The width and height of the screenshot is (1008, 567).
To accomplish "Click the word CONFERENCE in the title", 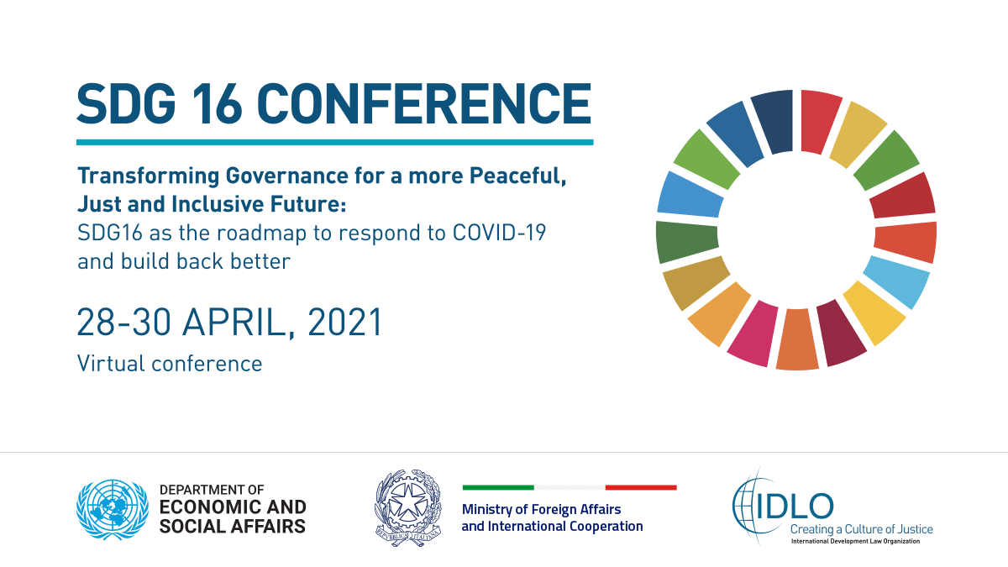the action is click(424, 103).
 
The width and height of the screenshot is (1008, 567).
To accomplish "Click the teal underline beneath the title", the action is click(335, 142).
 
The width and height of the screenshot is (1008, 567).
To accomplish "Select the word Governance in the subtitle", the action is click(286, 176).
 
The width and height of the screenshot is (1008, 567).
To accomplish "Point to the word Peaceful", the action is click(517, 176).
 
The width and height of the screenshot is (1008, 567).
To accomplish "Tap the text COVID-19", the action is click(499, 233).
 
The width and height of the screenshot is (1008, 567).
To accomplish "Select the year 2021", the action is click(345, 323).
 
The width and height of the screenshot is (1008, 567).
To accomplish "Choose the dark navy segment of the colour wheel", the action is click(773, 121).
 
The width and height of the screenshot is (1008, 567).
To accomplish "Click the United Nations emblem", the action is click(113, 509).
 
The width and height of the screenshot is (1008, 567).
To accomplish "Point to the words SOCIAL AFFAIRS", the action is click(233, 526).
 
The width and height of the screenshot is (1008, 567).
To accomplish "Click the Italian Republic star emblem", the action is click(408, 507).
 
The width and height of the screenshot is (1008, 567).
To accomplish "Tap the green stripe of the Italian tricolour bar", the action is click(498, 487).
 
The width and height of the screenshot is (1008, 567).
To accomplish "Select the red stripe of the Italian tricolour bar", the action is click(641, 487).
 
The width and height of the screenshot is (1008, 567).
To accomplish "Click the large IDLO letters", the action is click(795, 507).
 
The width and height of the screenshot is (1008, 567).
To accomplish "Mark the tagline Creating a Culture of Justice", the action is click(861, 529).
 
